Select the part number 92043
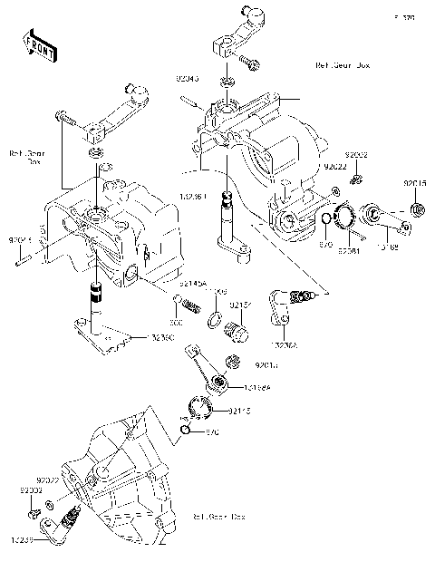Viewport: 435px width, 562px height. click(187, 79)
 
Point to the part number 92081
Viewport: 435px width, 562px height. click(349, 251)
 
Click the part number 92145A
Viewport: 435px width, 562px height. click(192, 284)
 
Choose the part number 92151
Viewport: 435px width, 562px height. click(239, 305)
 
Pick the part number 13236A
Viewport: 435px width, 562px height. click(284, 344)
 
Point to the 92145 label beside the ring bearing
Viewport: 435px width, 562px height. click(238, 411)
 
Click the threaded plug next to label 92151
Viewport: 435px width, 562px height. click(237, 331)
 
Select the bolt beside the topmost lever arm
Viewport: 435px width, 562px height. click(249, 63)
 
